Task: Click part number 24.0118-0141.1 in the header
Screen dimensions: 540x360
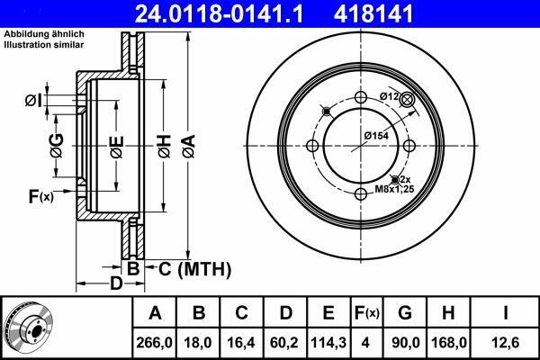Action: (219, 13)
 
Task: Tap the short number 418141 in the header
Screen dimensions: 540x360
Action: (373, 13)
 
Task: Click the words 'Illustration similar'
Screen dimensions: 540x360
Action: (44, 45)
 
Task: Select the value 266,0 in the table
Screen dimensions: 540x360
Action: (154, 342)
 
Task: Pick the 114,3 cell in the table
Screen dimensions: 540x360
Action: (328, 342)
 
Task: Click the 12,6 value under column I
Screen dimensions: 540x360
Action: (506, 342)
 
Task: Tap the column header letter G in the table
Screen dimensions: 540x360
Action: (405, 313)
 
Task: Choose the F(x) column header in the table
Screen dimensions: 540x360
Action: (366, 313)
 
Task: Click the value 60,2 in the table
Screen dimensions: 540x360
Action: (284, 342)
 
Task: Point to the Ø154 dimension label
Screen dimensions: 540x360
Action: (376, 136)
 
